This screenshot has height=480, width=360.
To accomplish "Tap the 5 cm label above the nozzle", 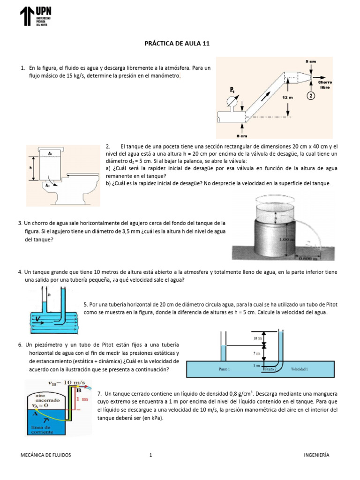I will coord(310,61).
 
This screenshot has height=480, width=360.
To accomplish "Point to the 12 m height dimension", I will coord(287,97).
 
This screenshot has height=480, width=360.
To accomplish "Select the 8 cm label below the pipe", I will coord(242,136).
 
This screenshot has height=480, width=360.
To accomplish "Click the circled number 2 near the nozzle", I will coord(311,96).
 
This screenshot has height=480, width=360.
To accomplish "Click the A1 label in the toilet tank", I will coord(50,153).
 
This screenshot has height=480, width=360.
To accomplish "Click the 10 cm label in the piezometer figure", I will coord(256,338).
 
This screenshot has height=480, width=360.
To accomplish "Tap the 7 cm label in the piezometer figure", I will coord(256,354).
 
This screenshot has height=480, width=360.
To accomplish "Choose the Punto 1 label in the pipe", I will coord(225,369).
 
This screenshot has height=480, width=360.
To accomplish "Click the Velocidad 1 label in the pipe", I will coord(300,369).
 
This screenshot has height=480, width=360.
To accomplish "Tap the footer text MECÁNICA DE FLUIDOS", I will coord(46,455).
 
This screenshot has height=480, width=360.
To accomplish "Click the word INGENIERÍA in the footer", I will coord(316,455).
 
